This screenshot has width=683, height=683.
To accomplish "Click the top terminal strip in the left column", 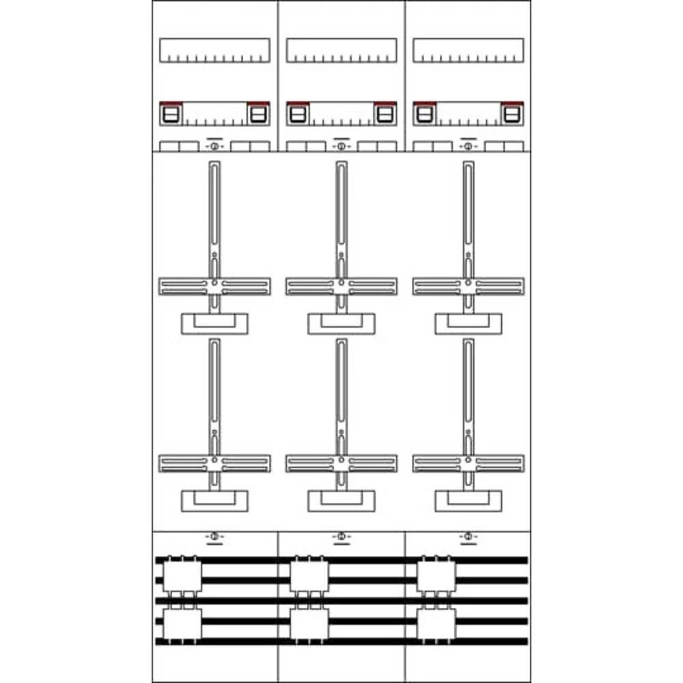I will click(214, 50).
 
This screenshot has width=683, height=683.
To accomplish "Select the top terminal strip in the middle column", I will click(341, 50).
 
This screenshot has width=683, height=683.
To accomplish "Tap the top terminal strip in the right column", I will click(469, 50).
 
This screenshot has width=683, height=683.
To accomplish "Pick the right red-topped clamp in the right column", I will click(512, 113).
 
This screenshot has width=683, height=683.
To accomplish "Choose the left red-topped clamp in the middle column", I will click(297, 113).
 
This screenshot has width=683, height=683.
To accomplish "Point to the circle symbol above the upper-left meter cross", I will click(214, 147).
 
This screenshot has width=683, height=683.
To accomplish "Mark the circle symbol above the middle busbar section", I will click(341, 538).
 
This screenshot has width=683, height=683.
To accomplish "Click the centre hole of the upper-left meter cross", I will click(214, 282).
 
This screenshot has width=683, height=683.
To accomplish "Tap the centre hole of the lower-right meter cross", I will click(469, 460).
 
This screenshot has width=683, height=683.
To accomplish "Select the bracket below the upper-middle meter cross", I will click(341, 324).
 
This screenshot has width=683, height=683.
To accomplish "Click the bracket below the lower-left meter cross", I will click(214, 501).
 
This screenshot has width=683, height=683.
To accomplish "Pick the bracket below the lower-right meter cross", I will click(469, 501).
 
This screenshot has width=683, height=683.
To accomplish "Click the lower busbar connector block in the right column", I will click(436, 623).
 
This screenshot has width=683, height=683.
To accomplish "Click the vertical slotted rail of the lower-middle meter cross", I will click(341, 389).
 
